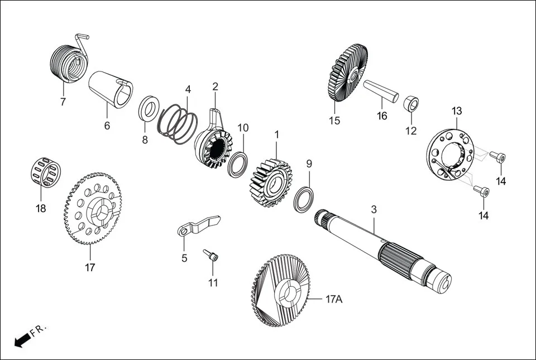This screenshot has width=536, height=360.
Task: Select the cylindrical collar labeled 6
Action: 111,88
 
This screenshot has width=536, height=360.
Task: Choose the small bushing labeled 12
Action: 411,103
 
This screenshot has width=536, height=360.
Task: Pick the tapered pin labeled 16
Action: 381,90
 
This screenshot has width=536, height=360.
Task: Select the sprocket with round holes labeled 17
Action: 92,209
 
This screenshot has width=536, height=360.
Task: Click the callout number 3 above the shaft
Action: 374,209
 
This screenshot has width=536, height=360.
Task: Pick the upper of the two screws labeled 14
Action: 497,157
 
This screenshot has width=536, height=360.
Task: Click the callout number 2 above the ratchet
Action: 215,87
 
